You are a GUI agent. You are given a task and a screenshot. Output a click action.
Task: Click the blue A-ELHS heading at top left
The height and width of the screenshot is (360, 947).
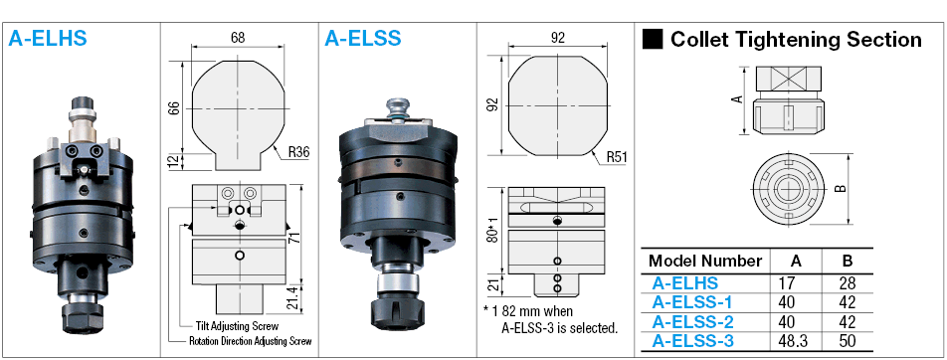pyautogui.click(x=48, y=38)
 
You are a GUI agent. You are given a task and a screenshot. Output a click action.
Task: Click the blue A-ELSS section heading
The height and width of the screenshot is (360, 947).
pyautogui.click(x=363, y=38)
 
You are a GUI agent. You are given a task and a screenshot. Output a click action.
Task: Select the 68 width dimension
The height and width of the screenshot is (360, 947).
pyautogui.click(x=238, y=37)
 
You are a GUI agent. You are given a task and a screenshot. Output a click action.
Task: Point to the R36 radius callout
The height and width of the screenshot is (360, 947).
pyautogui.click(x=298, y=153)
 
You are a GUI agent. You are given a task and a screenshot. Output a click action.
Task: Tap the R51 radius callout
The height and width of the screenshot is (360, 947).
pyautogui.click(x=617, y=158)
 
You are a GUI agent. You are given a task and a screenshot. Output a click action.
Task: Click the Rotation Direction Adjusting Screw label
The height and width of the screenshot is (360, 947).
pyautogui.click(x=250, y=341)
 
